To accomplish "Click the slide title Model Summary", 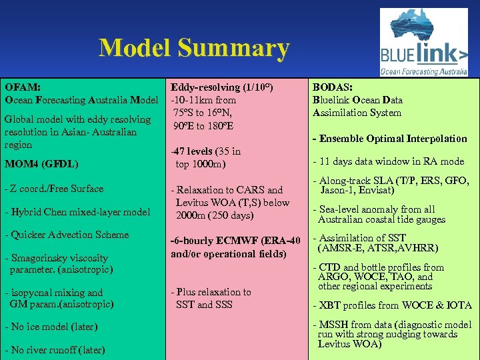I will pyautogui.click(x=194, y=48).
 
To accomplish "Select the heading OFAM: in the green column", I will pyautogui.click(x=23, y=87).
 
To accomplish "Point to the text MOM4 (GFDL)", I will pyautogui.click(x=41, y=163).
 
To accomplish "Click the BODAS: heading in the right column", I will pyautogui.click(x=333, y=87).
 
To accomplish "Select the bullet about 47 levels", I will pyautogui.click(x=206, y=157).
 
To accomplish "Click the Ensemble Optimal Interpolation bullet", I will pyautogui.click(x=390, y=139).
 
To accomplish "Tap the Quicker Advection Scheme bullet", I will pyautogui.click(x=67, y=235).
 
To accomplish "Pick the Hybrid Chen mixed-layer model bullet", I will pyautogui.click(x=77, y=212).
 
